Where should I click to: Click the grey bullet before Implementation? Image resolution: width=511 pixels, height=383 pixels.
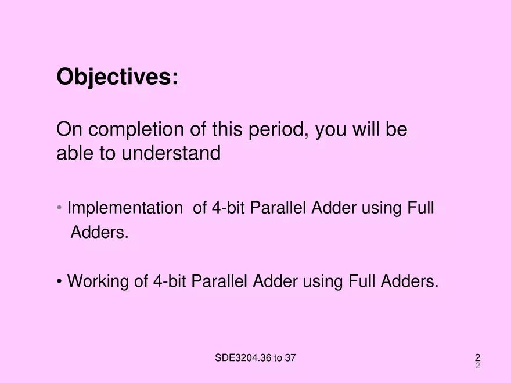60,208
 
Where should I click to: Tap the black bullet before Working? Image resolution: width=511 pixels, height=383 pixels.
60,282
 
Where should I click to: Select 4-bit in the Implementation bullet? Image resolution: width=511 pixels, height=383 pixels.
228,208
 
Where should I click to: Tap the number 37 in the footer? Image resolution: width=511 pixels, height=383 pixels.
290,357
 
